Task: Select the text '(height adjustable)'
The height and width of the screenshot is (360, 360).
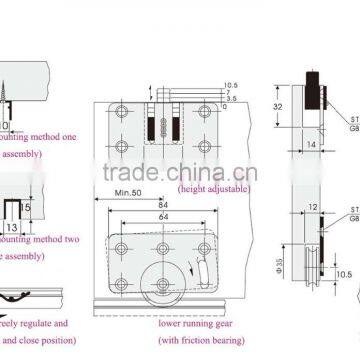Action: click(209, 187)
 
